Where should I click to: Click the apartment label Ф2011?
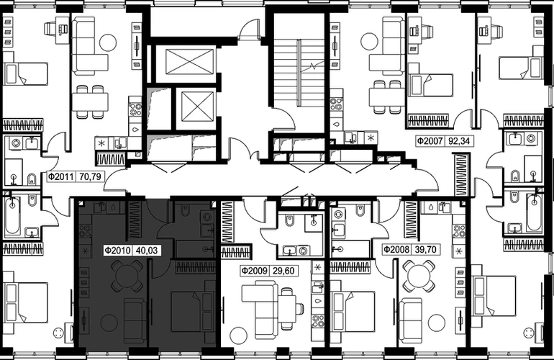[x=60, y=176]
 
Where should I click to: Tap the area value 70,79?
[x=90, y=176]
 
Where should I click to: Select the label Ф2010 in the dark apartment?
[x=118, y=251]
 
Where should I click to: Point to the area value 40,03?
[x=146, y=251]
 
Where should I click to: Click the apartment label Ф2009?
[x=254, y=271]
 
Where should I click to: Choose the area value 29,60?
[x=283, y=271]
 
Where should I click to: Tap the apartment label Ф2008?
[x=396, y=250]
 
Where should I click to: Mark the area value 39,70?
[x=425, y=250]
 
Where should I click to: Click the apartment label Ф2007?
[x=430, y=140]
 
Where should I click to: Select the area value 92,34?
[x=459, y=140]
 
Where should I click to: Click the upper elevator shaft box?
[x=190, y=62]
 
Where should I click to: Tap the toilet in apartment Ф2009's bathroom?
[x=289, y=220]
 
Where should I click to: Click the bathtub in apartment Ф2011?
[x=12, y=216]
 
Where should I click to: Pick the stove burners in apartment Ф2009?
[x=317, y=321]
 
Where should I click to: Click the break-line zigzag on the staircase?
[x=313, y=66]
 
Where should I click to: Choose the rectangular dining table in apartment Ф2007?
[x=386, y=97]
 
